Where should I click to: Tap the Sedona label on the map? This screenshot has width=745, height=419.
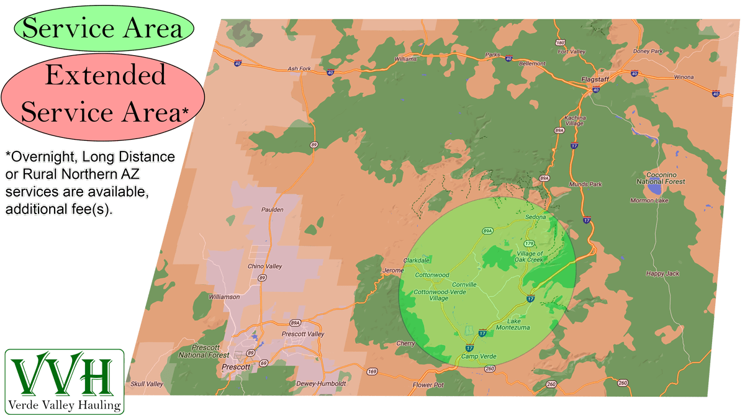[x=535, y=217]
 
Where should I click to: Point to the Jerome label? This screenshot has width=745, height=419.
[x=392, y=271]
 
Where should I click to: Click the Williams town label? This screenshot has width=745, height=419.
[x=405, y=59]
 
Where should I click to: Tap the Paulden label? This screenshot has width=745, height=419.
[x=273, y=210]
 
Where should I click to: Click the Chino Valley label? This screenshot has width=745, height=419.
[x=265, y=266]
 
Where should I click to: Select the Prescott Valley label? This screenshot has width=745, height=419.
[x=303, y=334]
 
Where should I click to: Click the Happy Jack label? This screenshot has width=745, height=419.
[x=662, y=273]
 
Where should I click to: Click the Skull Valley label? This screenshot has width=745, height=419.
[x=147, y=384]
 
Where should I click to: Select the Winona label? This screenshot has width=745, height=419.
[x=684, y=78]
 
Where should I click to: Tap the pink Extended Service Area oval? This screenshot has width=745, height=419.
[x=103, y=93]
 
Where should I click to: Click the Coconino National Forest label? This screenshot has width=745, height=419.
[x=661, y=178]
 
